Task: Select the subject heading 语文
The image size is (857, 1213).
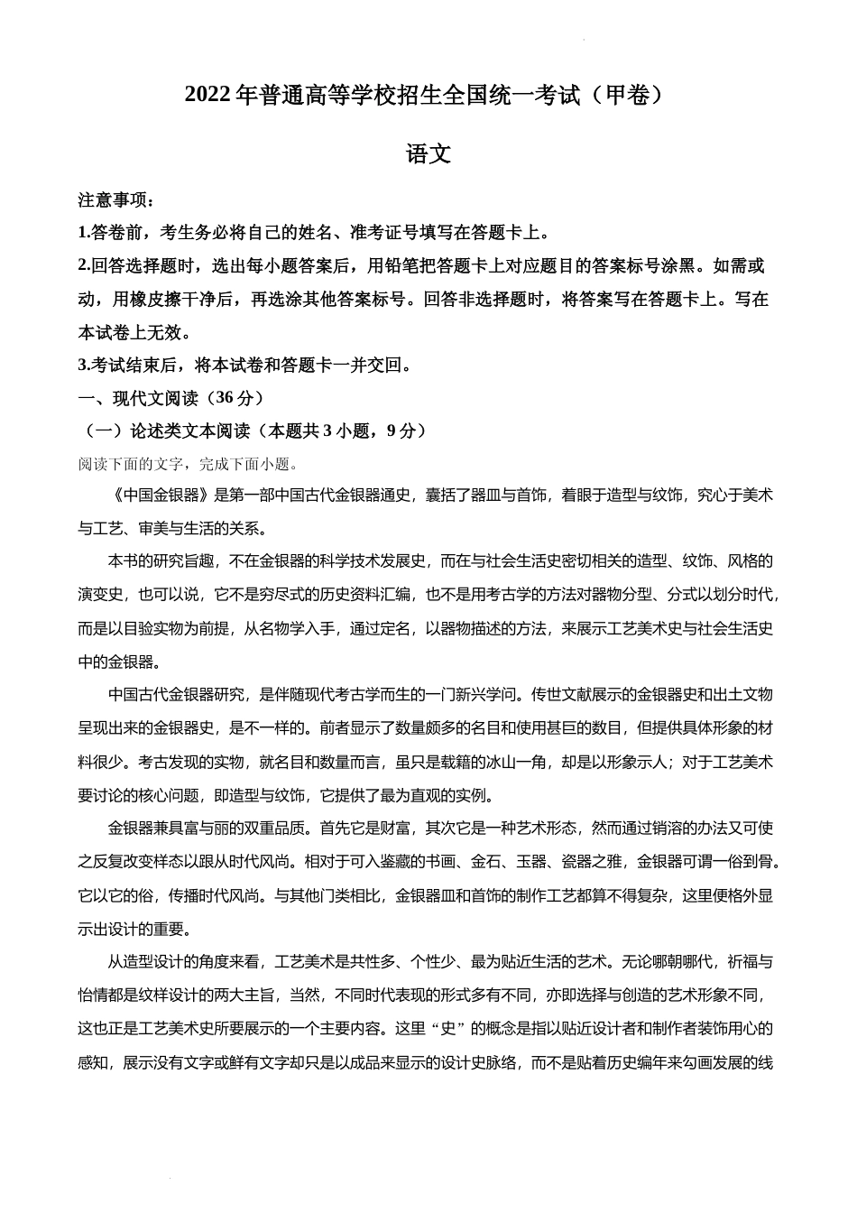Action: point(428,154)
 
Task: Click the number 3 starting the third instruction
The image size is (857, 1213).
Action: point(83,366)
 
